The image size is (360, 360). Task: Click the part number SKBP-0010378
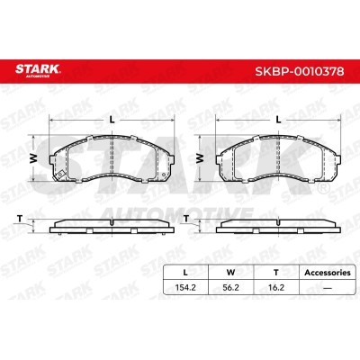(x=300, y=71)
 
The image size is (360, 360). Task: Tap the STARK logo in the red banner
(x=38, y=70)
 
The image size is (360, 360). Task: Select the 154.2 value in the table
(x=185, y=287)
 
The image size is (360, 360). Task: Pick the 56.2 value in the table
(x=230, y=287)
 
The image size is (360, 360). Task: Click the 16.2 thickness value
(x=276, y=287)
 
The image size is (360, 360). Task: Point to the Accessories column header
(x=328, y=273)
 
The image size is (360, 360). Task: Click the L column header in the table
(x=185, y=273)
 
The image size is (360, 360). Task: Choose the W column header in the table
(x=230, y=273)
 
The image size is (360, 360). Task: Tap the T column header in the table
(x=276, y=273)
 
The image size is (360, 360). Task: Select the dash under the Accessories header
(x=328, y=288)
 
